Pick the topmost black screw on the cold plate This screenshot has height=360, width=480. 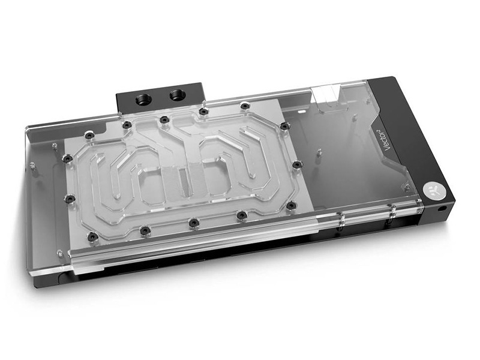244,106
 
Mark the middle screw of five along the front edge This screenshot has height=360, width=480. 193,223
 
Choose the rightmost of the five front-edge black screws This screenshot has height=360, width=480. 291,206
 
